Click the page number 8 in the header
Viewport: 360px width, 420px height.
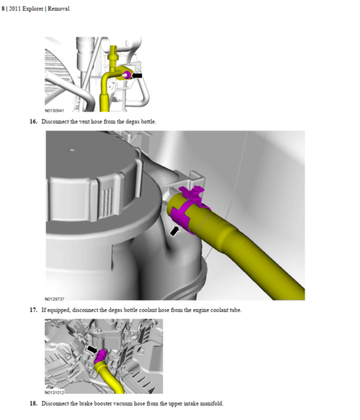[3, 9]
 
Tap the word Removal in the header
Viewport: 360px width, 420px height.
[58, 9]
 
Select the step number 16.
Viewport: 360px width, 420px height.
[33, 122]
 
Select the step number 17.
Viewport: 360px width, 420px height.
[33, 310]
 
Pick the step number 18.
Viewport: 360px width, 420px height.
[33, 403]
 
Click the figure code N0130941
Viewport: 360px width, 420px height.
[54, 111]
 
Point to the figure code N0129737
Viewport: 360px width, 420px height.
[55, 299]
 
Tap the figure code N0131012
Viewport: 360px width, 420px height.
[55, 393]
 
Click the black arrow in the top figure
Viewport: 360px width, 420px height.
[137, 76]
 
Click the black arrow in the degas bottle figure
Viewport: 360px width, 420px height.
[174, 231]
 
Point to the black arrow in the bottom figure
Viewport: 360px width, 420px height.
[92, 349]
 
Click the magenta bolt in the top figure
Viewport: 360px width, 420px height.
[127, 75]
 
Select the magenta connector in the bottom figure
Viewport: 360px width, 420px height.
[101, 356]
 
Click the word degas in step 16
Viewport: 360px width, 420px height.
[132, 122]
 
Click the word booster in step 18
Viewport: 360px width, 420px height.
[103, 403]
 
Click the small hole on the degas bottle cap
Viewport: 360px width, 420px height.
[72, 151]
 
